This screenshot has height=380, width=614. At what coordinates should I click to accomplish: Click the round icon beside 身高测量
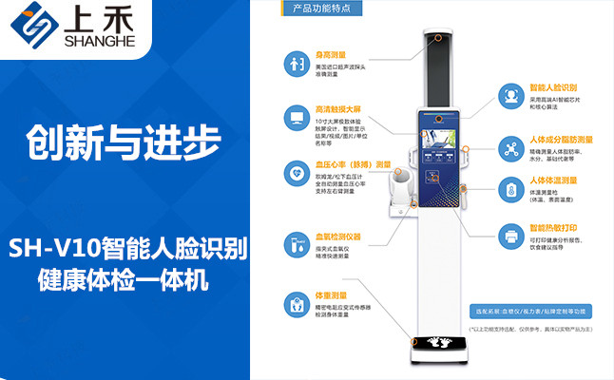pyautogui.click(x=294, y=66)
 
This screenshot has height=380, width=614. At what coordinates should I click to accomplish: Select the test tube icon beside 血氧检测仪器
pyautogui.click(x=294, y=243)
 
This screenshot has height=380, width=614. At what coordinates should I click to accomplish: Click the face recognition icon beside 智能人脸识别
pyautogui.click(x=510, y=96)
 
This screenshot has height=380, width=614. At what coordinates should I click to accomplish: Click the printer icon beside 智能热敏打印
pyautogui.click(x=510, y=232)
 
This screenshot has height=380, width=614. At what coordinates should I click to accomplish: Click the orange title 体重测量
pyautogui.click(x=332, y=295)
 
